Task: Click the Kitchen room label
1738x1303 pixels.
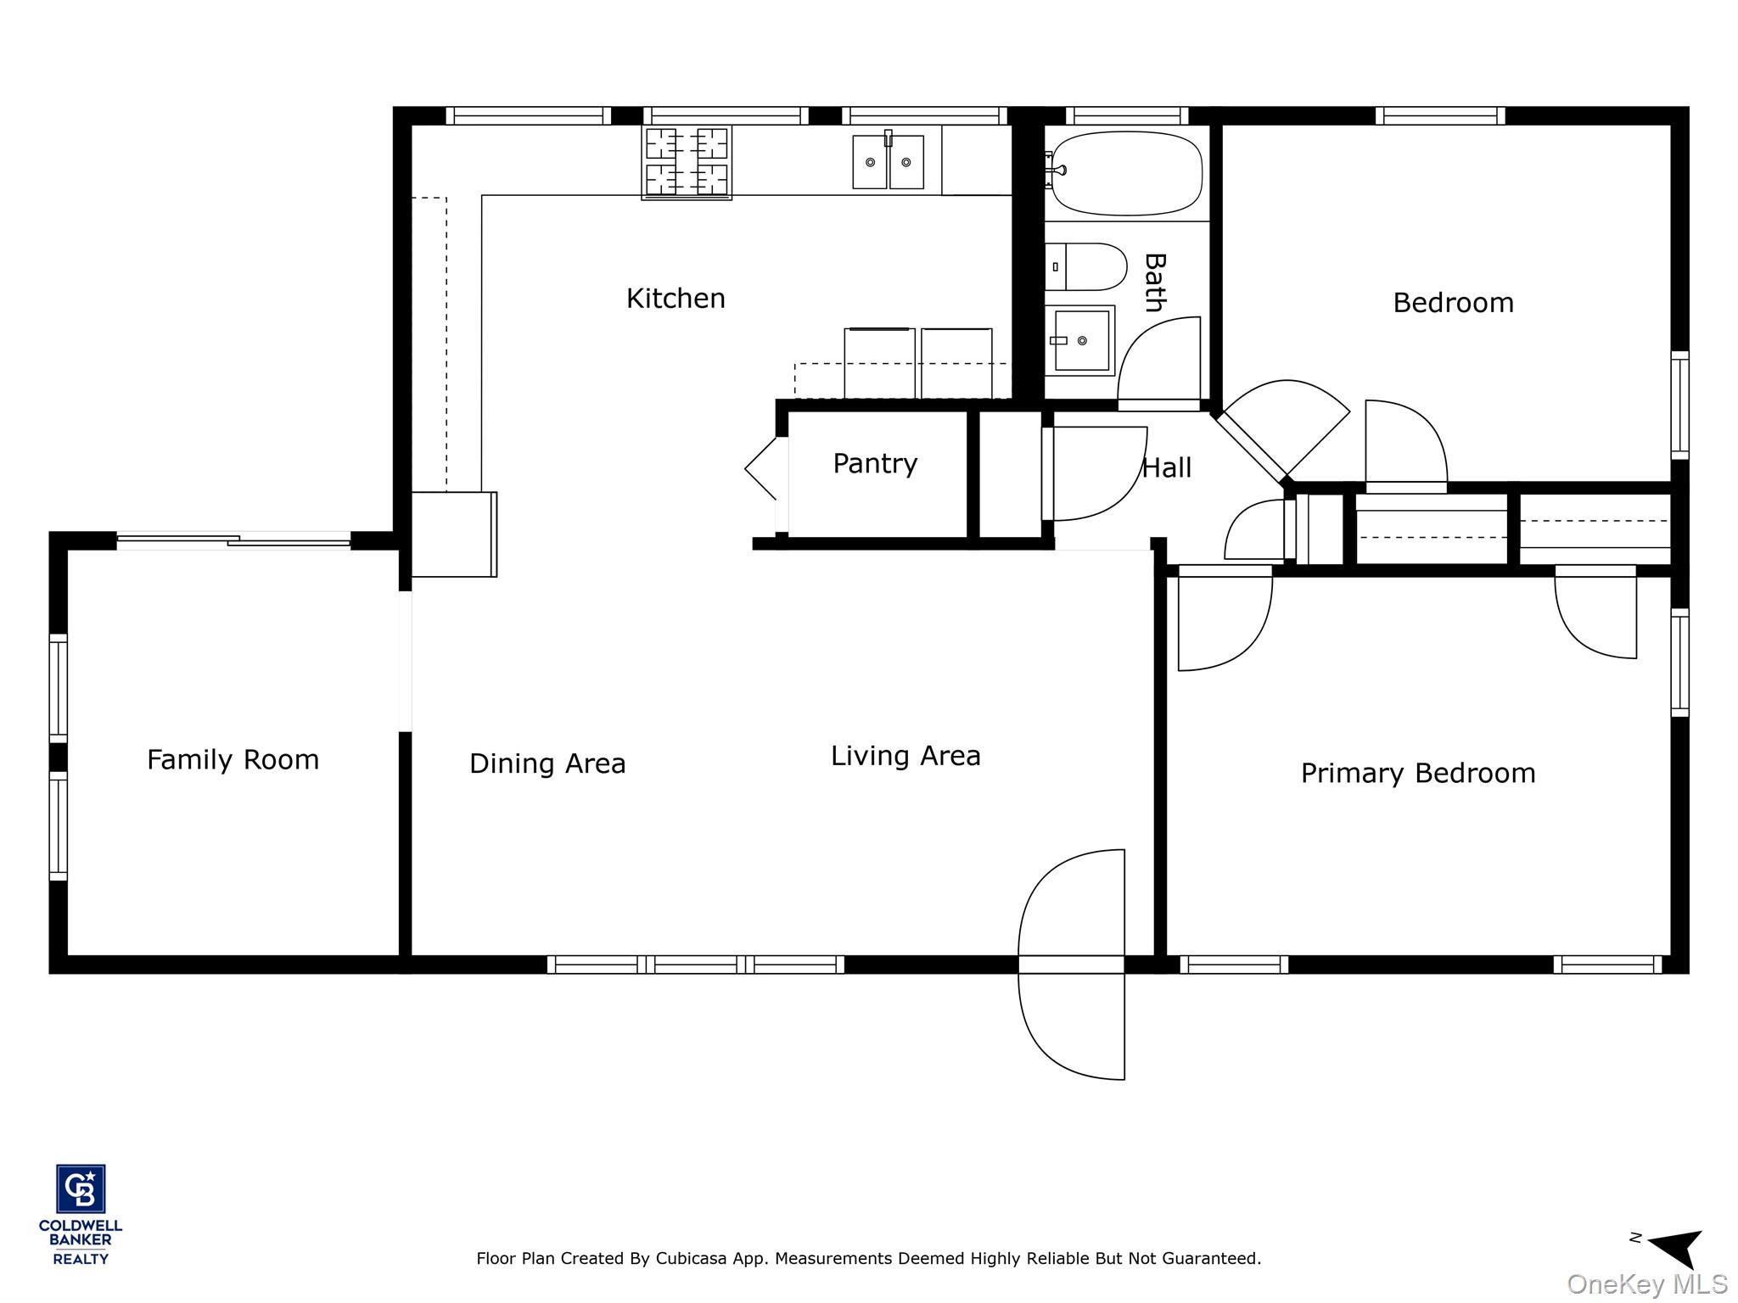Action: [x=676, y=299]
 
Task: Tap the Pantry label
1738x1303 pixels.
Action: [x=875, y=464]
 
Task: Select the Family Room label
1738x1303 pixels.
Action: [x=233, y=760]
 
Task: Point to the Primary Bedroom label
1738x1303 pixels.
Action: [x=1418, y=774]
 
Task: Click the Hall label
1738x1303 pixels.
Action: [x=1167, y=467]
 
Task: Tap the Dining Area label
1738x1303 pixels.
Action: [x=547, y=764]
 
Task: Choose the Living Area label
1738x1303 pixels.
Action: [x=905, y=757]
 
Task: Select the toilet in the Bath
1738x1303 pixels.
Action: [x=1085, y=266]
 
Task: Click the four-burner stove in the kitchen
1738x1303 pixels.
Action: [x=687, y=162]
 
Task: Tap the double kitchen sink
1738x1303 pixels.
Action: [x=888, y=161]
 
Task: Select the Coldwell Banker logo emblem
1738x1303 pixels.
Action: [x=81, y=1188]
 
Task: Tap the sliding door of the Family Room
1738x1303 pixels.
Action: [x=233, y=540]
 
